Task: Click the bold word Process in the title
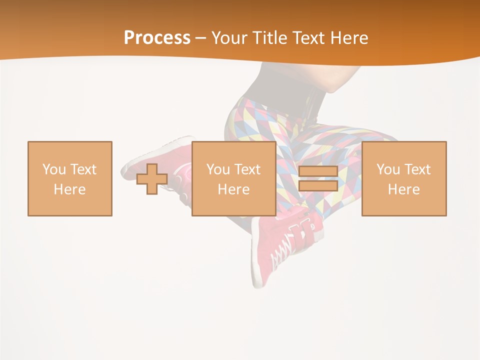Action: [157, 38]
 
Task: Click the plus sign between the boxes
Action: [152, 179]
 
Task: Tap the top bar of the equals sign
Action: [318, 171]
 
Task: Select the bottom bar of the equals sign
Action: [318, 186]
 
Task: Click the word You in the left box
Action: [54, 169]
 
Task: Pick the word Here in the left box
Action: [69, 189]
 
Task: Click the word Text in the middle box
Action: [246, 169]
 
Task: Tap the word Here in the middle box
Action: [233, 189]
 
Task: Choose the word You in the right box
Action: [388, 169]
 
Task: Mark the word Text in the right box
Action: [416, 169]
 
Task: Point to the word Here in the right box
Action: [403, 189]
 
